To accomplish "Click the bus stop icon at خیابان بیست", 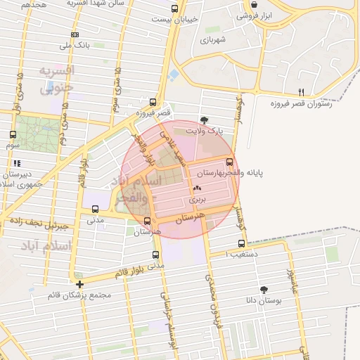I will [x=174, y=9].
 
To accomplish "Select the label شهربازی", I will [x=212, y=39].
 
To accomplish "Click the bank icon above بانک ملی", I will [x=75, y=34].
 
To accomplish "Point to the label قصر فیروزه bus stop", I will [x=154, y=112].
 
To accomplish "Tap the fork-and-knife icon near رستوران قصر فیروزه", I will [x=302, y=92].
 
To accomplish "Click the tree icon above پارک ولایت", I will [x=204, y=120].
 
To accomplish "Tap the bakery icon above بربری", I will [x=196, y=188].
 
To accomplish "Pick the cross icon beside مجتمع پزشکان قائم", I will [x=80, y=285].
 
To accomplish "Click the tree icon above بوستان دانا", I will [x=264, y=289].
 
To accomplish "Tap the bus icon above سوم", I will [x=13, y=134].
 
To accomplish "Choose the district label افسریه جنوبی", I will [x=56, y=79].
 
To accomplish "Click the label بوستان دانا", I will [x=264, y=300].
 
